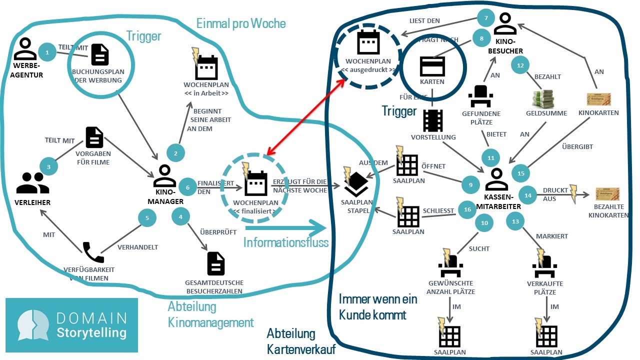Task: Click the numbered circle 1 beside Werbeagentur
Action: click(x=47, y=52)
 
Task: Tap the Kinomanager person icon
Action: click(x=164, y=176)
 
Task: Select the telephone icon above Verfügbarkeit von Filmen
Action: click(x=93, y=252)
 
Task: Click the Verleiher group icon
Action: click(x=33, y=183)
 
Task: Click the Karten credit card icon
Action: click(x=432, y=66)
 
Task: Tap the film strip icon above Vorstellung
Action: click(x=432, y=120)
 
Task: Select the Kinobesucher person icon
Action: click(x=505, y=24)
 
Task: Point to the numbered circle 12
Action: click(x=520, y=65)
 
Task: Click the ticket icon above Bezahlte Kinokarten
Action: click(x=607, y=194)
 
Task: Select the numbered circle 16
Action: click(x=467, y=209)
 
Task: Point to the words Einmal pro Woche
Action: click(x=241, y=23)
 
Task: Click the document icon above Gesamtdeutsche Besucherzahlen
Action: click(x=216, y=263)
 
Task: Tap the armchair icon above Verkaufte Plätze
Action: click(x=545, y=267)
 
